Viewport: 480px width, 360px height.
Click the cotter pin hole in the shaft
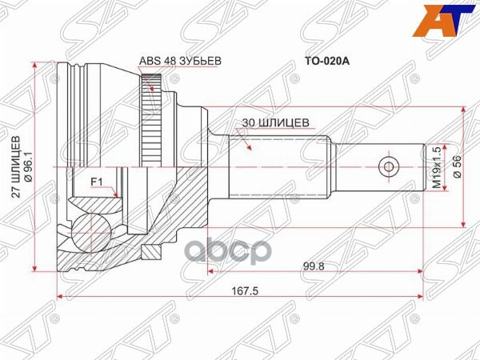(x=388, y=167)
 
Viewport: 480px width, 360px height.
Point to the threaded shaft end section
(x=376, y=167)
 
